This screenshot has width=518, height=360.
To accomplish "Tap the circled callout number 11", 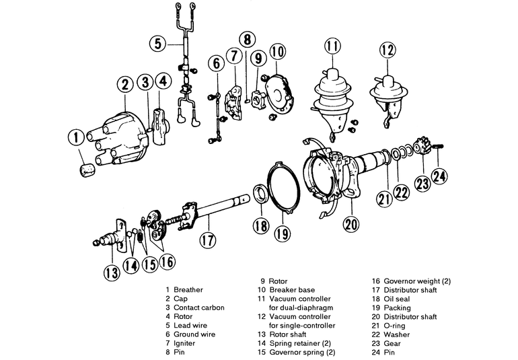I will [330, 48].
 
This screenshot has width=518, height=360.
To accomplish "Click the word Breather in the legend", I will [188, 290].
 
